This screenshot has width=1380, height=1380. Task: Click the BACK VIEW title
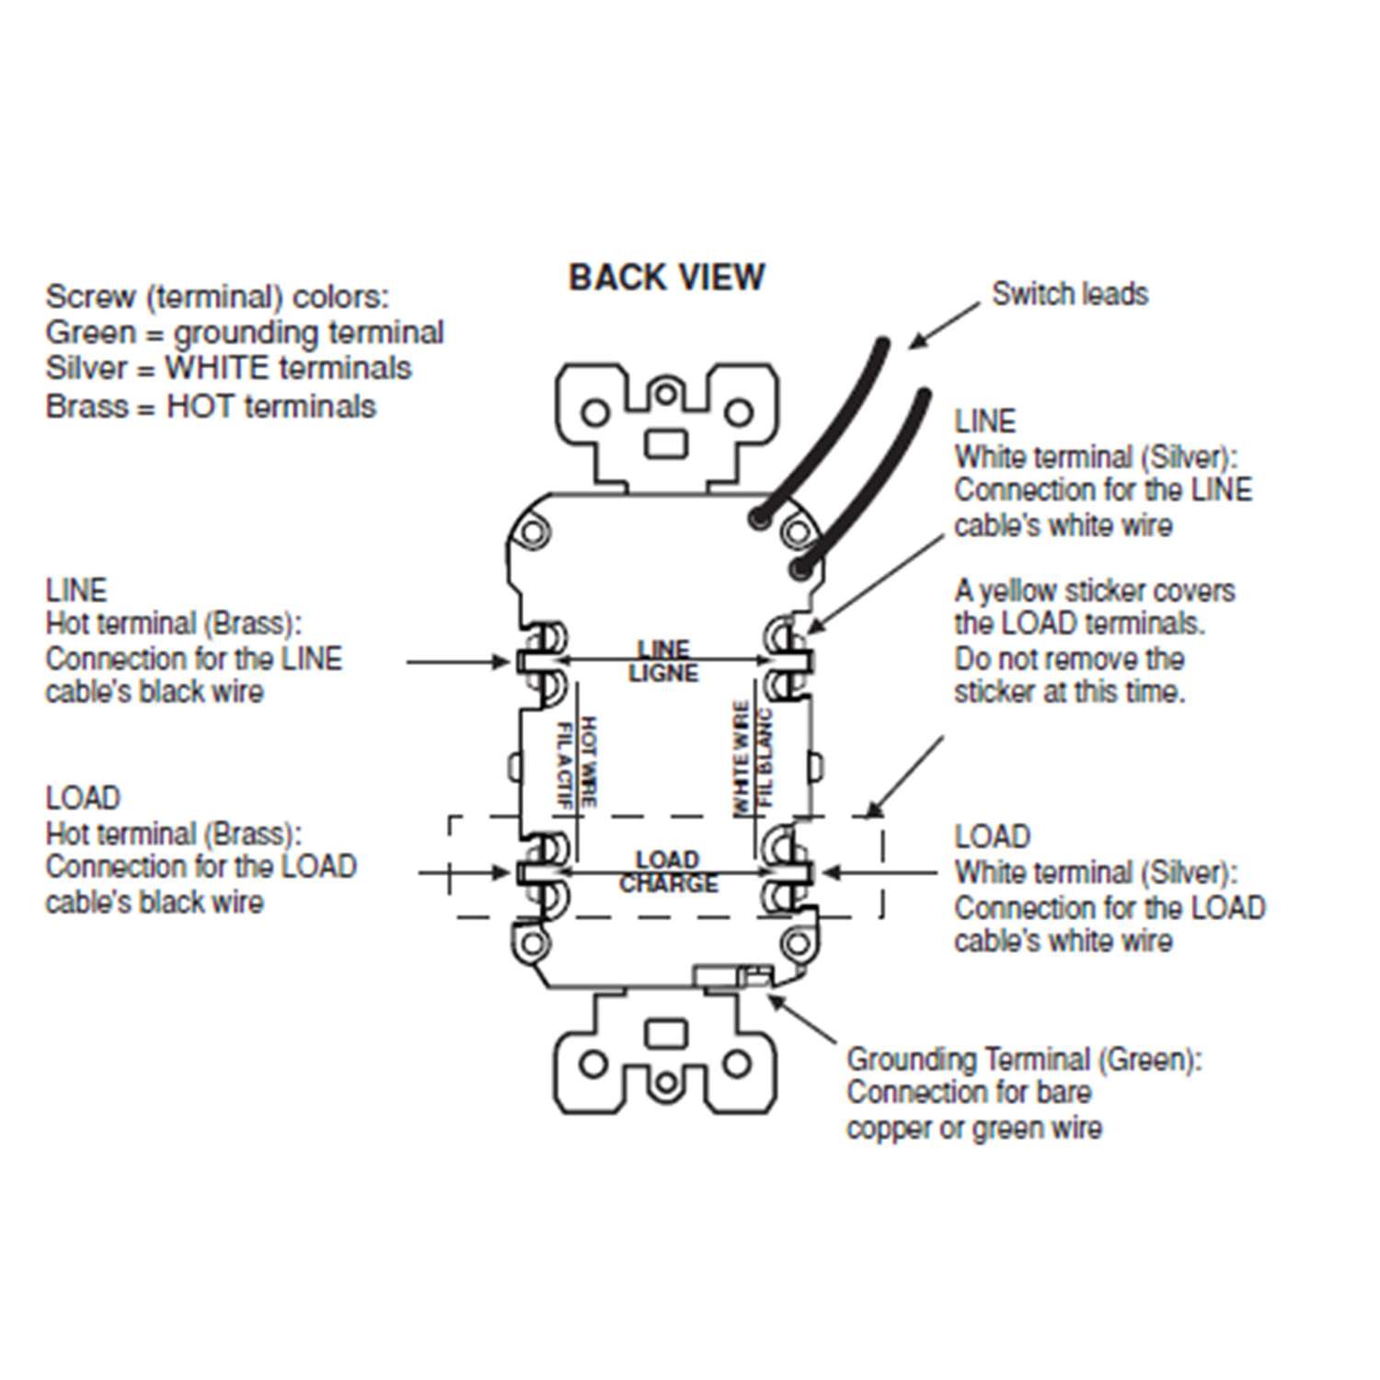pyautogui.click(x=666, y=277)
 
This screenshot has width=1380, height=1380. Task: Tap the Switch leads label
pyautogui.click(x=1069, y=293)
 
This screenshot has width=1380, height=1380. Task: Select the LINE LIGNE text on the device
pyautogui.click(x=663, y=661)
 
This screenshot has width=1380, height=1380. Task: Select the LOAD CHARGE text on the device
pyautogui.click(x=667, y=871)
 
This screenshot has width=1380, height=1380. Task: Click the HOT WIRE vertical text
pyautogui.click(x=577, y=762)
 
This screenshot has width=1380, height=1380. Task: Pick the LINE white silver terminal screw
pyautogui.click(x=788, y=661)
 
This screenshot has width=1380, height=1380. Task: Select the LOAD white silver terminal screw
pyautogui.click(x=788, y=871)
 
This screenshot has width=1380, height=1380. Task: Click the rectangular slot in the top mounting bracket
pyautogui.click(x=666, y=444)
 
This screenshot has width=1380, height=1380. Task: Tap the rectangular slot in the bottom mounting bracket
pyautogui.click(x=666, y=1033)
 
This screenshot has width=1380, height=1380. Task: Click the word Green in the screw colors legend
pyautogui.click(x=90, y=332)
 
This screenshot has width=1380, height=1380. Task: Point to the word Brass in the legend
pyautogui.click(x=86, y=406)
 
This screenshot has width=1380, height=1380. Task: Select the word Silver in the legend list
pyautogui.click(x=86, y=368)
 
